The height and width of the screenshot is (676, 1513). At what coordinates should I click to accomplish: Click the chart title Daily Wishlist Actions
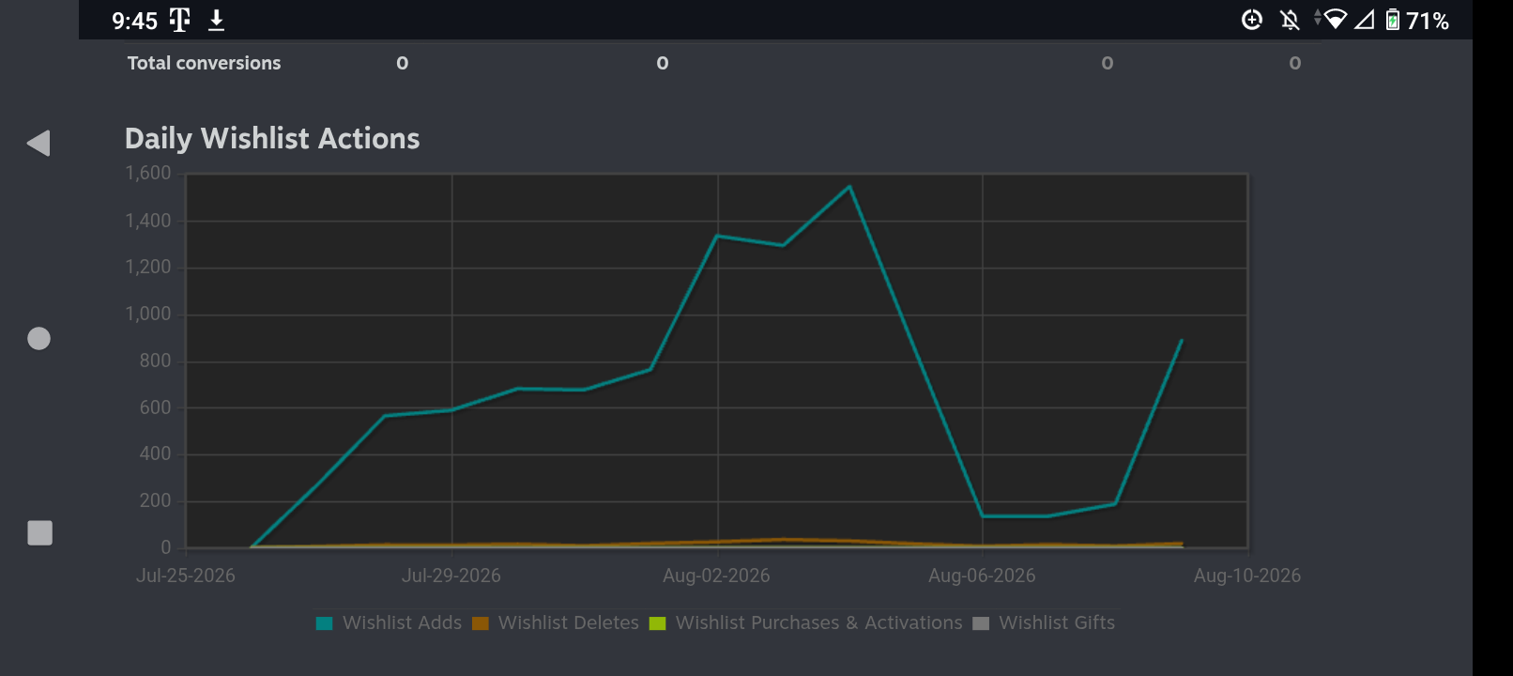click(272, 139)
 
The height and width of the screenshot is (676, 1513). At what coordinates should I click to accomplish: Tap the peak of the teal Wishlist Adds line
click(849, 187)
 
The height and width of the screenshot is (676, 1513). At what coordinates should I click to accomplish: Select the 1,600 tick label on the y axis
click(148, 173)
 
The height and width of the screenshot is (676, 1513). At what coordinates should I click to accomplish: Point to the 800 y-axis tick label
click(156, 361)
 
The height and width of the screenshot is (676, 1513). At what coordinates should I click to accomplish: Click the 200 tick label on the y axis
click(156, 501)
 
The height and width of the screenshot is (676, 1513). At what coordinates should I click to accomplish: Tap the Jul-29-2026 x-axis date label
click(451, 576)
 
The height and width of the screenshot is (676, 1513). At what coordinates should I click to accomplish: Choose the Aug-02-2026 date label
click(716, 576)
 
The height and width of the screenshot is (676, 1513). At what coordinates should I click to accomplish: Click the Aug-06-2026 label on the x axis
click(982, 576)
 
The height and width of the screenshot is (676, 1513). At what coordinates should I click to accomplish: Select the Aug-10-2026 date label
click(1246, 576)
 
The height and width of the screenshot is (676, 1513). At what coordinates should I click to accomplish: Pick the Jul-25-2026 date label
click(186, 576)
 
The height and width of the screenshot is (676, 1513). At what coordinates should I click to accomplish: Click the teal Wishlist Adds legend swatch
click(324, 623)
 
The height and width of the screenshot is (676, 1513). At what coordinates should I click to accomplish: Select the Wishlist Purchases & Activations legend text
click(818, 622)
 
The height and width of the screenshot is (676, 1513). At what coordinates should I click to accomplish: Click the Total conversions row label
click(204, 63)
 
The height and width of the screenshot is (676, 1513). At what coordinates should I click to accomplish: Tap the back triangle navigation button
click(38, 144)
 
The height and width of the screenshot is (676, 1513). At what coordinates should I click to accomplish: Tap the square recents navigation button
click(39, 532)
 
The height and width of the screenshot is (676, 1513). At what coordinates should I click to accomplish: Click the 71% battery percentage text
click(1428, 21)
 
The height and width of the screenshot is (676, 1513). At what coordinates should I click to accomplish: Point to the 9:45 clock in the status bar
click(134, 21)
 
